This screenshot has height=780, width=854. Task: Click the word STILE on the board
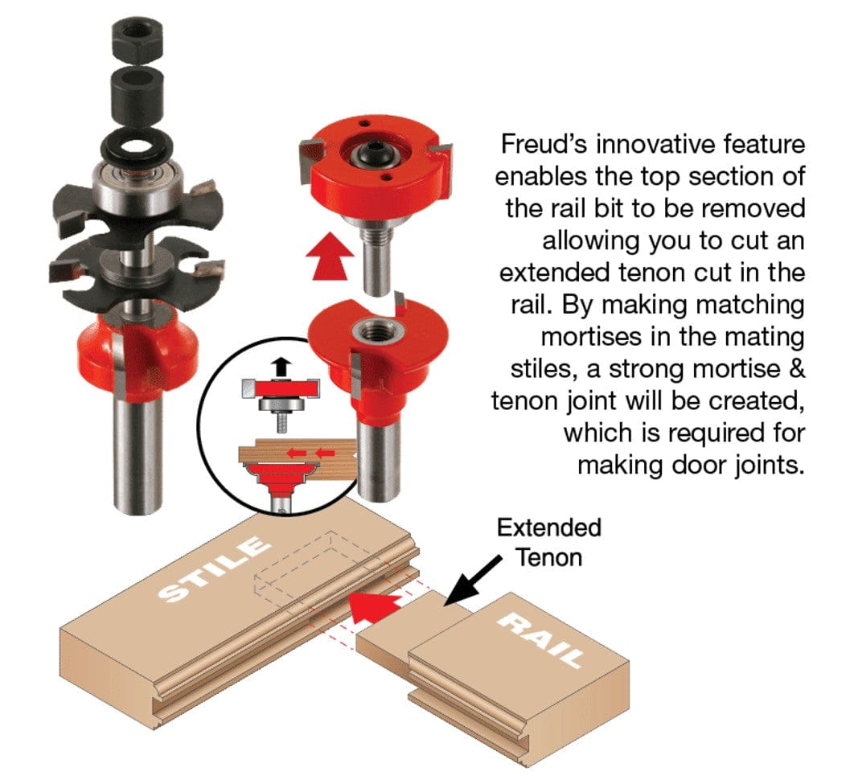(x=214, y=570)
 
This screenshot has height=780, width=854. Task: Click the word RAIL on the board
(x=548, y=640)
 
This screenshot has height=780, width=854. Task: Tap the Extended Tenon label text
(x=549, y=542)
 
